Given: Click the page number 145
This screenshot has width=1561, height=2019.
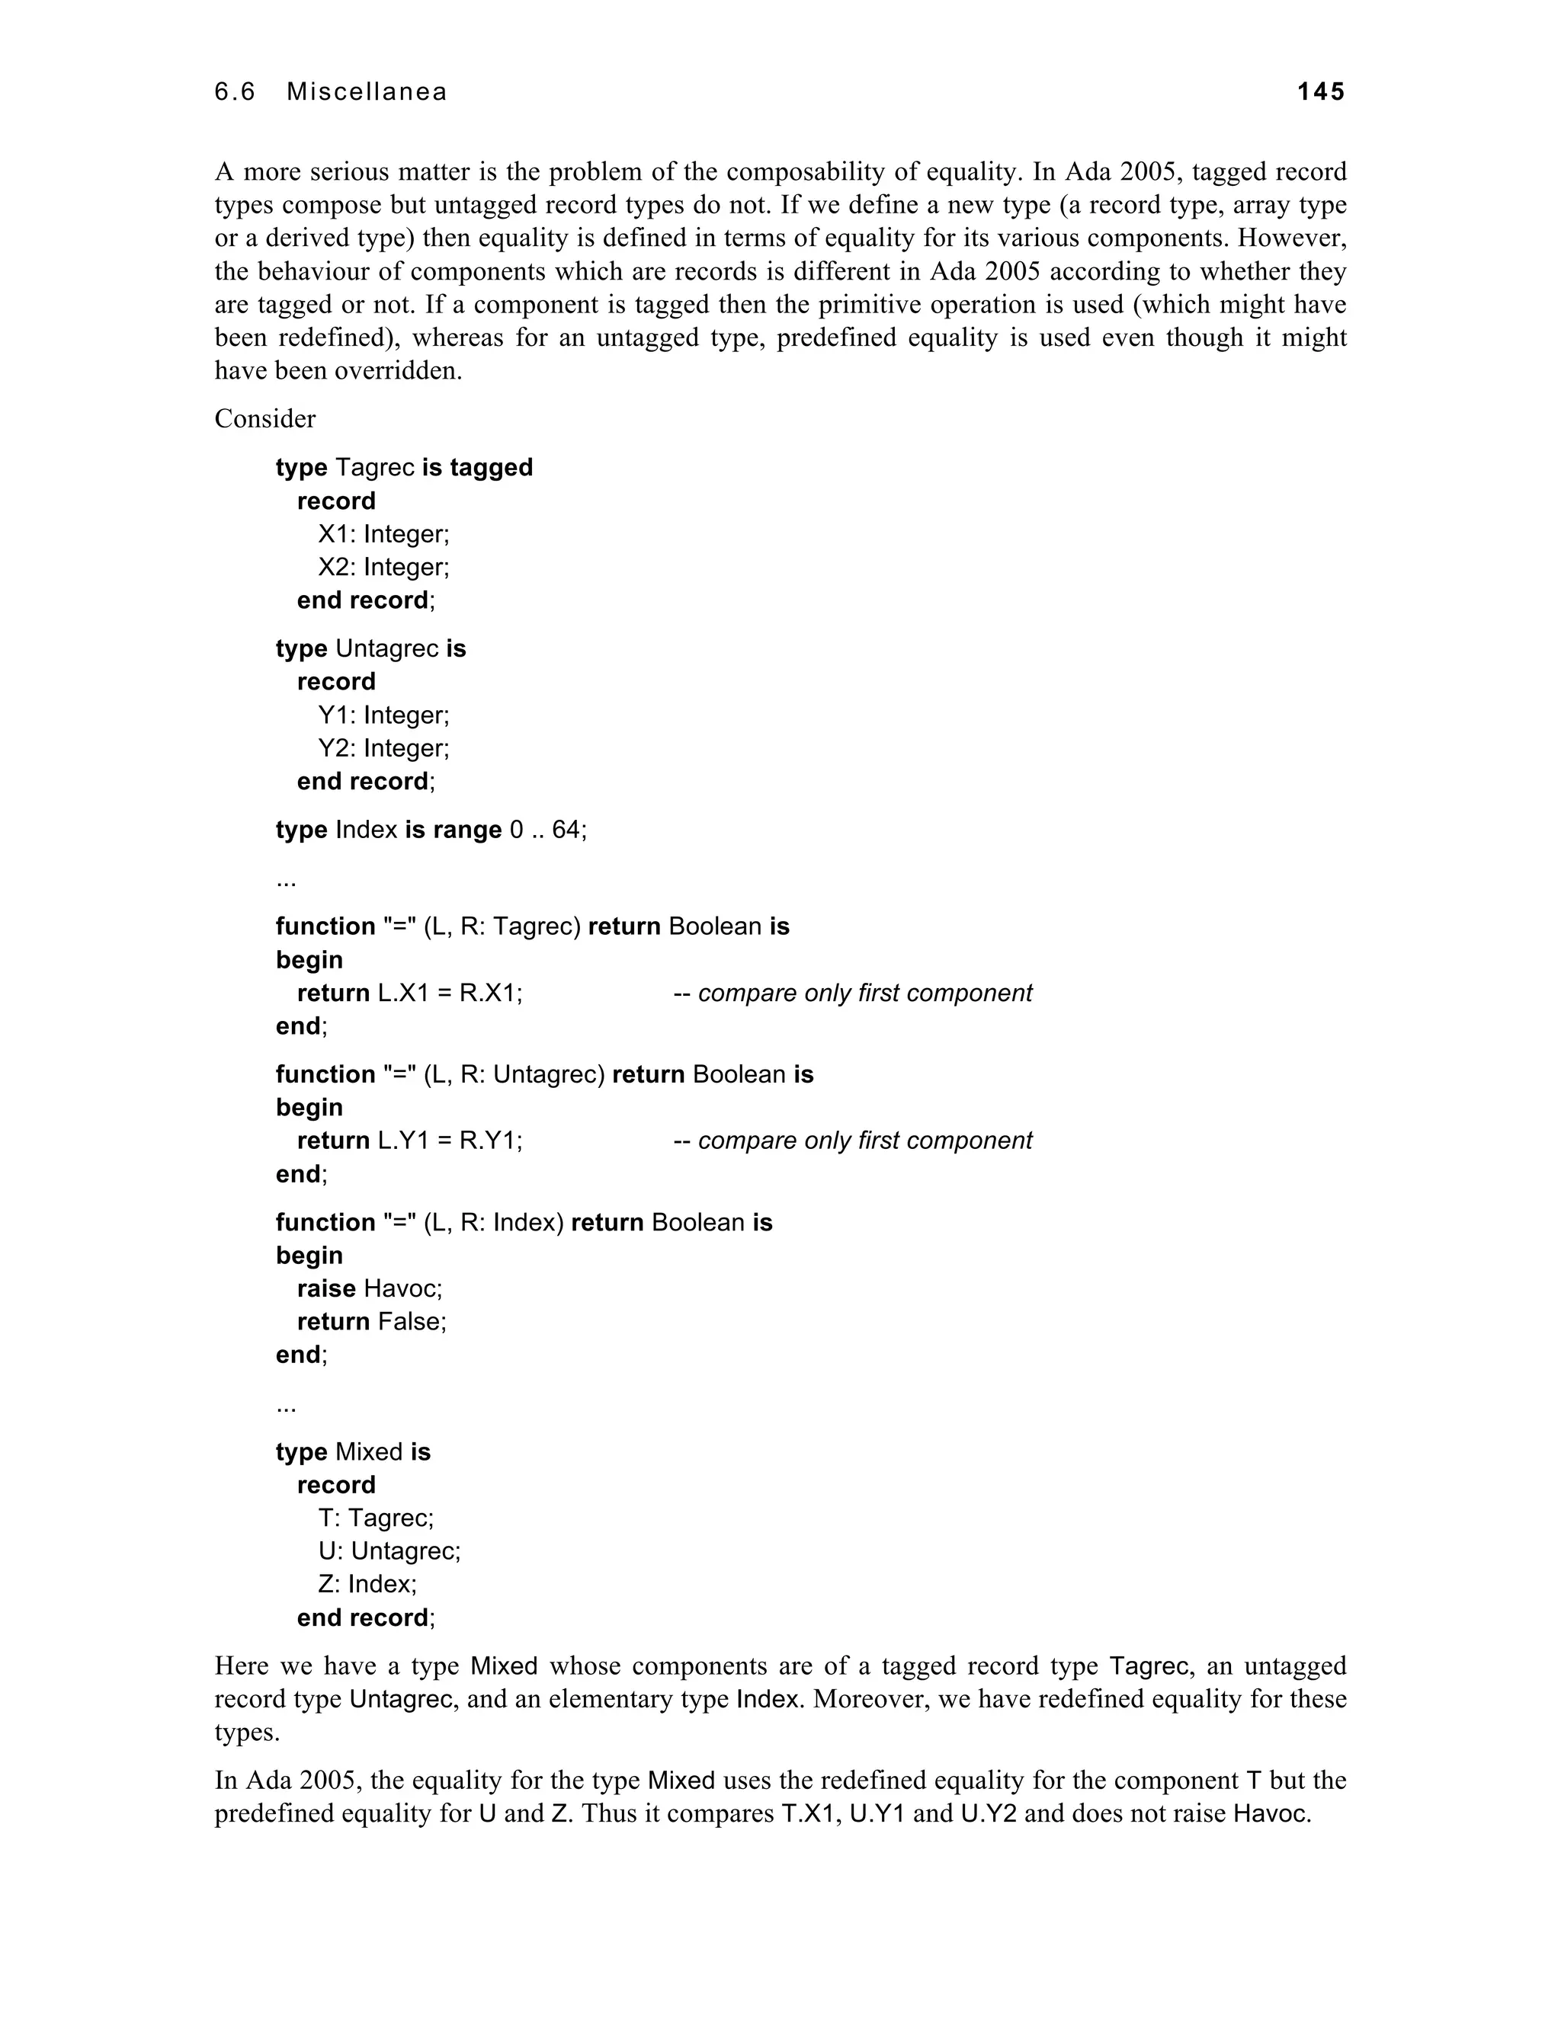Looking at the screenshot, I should click(x=1321, y=91).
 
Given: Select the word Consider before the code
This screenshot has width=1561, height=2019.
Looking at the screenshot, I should click(x=264, y=419).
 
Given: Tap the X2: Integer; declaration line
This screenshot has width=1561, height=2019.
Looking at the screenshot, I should click(x=384, y=567).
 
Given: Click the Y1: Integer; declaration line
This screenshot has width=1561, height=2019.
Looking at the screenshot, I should click(x=384, y=715).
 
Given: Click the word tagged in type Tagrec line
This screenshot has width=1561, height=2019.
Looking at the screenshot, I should click(x=491, y=467).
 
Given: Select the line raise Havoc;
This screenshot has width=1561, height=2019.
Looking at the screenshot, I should click(x=370, y=1288).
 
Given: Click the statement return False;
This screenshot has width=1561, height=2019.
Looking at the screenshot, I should click(x=372, y=1321).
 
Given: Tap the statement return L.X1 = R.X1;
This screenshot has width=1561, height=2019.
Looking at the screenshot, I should click(x=409, y=993).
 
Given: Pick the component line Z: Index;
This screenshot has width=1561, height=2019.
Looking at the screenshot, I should click(x=367, y=1584).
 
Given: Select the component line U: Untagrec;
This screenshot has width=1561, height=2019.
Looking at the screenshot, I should click(x=389, y=1550).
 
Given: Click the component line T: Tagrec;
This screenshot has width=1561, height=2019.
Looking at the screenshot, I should click(x=376, y=1517).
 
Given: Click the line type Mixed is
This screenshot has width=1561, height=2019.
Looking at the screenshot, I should click(x=353, y=1451).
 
